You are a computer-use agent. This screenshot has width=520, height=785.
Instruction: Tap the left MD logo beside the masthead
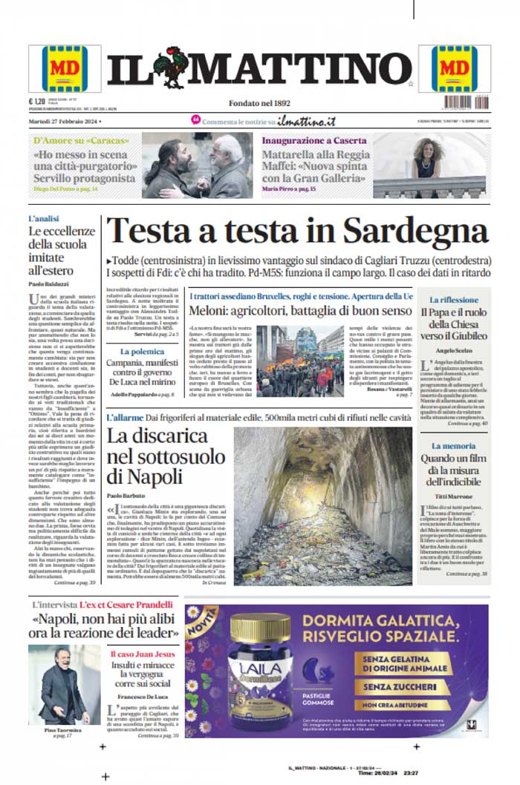pyautogui.click(x=65, y=68)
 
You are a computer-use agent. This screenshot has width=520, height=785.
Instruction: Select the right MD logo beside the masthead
pyautogui.click(x=455, y=68)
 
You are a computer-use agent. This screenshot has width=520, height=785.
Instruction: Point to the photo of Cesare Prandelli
pyautogui.click(x=65, y=686)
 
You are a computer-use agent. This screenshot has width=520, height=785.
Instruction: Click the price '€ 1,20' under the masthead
pyautogui.click(x=37, y=102)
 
